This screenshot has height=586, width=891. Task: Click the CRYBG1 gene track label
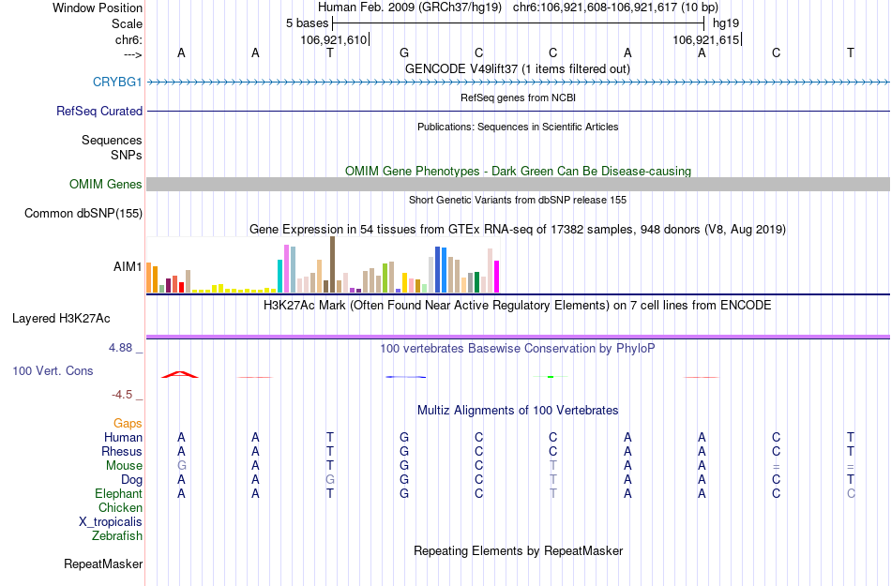[117, 82]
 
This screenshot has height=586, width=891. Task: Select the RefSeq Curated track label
[99, 111]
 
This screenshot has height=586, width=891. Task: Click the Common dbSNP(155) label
[83, 214]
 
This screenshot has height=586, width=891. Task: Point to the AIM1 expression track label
[128, 266]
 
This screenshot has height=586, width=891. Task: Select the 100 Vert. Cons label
[53, 371]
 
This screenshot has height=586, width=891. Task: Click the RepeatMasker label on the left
[103, 564]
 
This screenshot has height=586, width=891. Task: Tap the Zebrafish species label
[117, 536]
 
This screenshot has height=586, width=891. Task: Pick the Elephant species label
[118, 494]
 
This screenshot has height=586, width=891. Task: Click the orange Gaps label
[128, 424]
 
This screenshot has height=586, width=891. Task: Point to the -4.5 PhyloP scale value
[126, 395]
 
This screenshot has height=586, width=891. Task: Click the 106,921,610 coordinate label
[334, 39]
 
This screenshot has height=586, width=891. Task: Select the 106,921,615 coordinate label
[707, 39]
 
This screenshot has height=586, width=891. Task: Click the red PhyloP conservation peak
[180, 375]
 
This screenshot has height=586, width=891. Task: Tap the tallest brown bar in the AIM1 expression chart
[332, 264]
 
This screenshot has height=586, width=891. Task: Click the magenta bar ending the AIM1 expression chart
[497, 277]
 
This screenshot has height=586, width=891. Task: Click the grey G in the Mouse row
[182, 466]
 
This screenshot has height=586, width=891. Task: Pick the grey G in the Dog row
[330, 480]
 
